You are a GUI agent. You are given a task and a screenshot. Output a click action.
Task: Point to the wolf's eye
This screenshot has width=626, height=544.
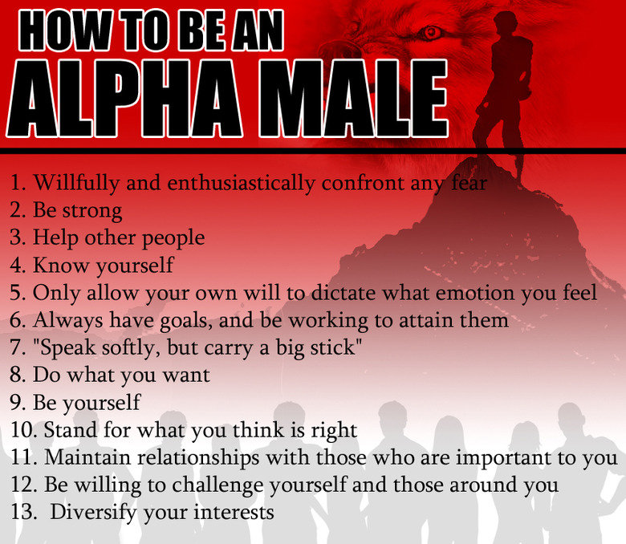click(x=431, y=32)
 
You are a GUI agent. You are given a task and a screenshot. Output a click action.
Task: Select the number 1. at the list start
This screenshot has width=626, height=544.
click(x=18, y=183)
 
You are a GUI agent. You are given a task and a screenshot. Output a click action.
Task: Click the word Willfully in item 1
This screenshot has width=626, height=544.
click(x=73, y=183)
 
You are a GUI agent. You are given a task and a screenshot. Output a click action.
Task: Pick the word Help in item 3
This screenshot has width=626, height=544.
click(x=55, y=237)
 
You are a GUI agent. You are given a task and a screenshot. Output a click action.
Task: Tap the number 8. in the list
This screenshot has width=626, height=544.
click(x=18, y=374)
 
